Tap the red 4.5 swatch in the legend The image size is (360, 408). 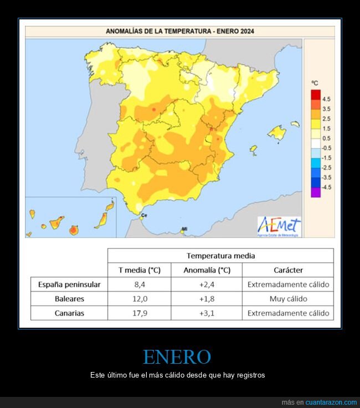pos(316,94)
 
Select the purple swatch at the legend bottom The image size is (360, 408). pos(316,192)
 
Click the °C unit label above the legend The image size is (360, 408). pos(315,82)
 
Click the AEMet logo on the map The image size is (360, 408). pos(279,226)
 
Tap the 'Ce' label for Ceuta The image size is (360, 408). pos(145,215)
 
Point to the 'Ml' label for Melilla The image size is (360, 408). pos(184,229)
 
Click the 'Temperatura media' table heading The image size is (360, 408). pos(220,256)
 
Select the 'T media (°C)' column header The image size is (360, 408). pos(140,270)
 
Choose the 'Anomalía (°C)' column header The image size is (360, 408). pos(207,270)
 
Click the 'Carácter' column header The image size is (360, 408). pos(288,270)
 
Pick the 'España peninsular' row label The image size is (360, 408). pos(69,285)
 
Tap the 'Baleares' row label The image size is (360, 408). pos(69,299)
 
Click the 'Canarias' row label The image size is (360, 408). pos(69,313)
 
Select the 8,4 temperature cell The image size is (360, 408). pos(140,285)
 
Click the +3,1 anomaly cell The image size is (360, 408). pos(207,313)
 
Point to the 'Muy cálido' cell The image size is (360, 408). pos(288,299)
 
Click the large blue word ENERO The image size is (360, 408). pos(177,357)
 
